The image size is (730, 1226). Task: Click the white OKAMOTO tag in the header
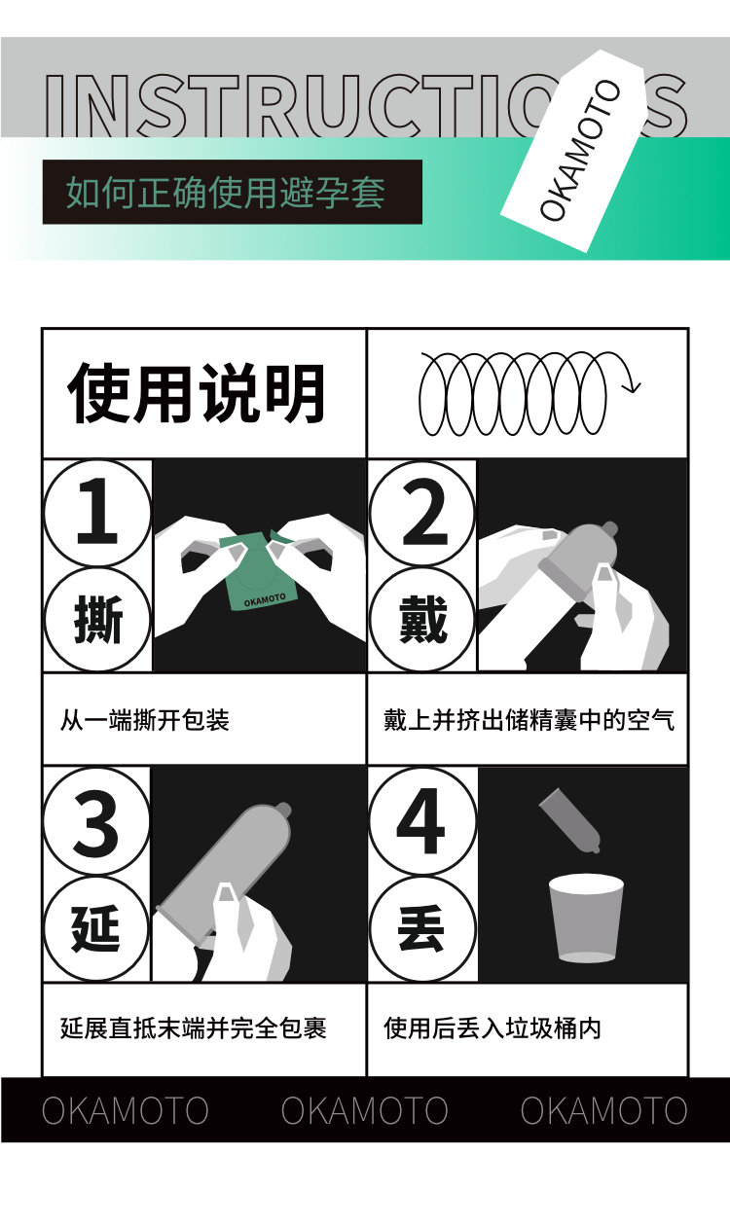pyautogui.click(x=573, y=151)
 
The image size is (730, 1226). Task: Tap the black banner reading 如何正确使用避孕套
pyautogui.click(x=233, y=192)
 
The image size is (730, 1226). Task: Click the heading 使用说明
pyautogui.click(x=197, y=393)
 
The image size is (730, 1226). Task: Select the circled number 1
pyautogui.click(x=97, y=512)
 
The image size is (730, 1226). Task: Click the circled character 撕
pyautogui.click(x=97, y=619)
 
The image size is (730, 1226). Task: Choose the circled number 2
pyautogui.click(x=421, y=513)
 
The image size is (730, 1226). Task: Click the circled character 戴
pyautogui.click(x=421, y=619)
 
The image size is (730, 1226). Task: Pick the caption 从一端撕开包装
pyautogui.click(x=145, y=720)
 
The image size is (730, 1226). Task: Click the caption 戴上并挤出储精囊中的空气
pyautogui.click(x=529, y=720)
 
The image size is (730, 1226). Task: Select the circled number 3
pyautogui.click(x=96, y=821)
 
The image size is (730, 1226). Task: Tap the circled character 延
pyautogui.click(x=96, y=928)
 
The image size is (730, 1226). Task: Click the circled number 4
pyautogui.click(x=422, y=821)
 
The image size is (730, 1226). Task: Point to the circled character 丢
pyautogui.click(x=422, y=928)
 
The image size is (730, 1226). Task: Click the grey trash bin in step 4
pyautogui.click(x=586, y=918)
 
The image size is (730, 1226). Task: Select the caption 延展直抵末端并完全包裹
pyautogui.click(x=194, y=1028)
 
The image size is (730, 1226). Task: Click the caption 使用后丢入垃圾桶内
pyautogui.click(x=493, y=1028)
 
